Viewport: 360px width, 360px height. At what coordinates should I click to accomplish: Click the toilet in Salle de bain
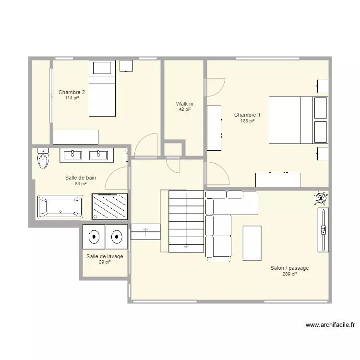43,158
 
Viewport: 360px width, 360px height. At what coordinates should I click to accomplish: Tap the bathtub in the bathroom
60,206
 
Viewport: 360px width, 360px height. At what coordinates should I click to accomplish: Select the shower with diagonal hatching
110,206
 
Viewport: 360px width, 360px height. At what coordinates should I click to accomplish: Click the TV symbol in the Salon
323,230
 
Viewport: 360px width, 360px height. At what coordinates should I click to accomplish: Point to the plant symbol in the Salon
321,198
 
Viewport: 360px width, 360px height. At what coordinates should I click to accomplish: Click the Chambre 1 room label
247,115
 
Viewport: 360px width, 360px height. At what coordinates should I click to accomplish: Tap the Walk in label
185,104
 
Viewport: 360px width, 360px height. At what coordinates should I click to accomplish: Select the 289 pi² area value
290,274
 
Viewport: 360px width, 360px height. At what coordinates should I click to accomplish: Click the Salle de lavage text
105,256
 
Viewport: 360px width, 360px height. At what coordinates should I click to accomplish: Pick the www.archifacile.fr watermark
330,325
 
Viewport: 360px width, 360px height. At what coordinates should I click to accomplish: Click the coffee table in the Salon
252,243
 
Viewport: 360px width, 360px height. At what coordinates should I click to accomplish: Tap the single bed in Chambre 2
102,88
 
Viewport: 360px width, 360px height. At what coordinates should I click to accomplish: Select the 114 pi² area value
72,98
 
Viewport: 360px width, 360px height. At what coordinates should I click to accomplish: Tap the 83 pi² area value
81,184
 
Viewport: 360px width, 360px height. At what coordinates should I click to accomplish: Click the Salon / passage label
289,268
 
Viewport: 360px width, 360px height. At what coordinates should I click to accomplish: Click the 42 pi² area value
185,109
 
